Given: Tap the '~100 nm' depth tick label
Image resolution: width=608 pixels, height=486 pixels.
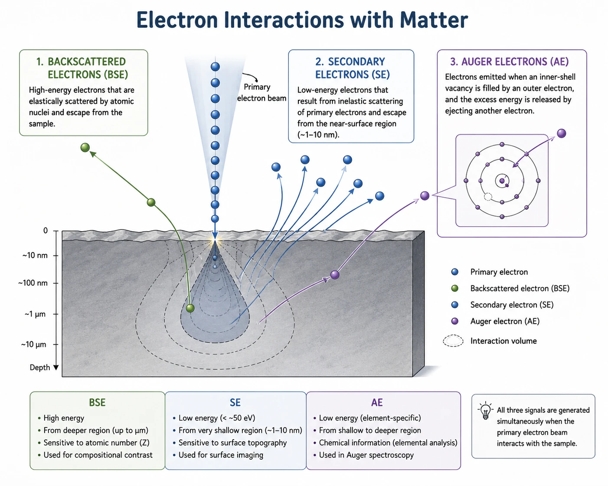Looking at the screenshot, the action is [33, 283].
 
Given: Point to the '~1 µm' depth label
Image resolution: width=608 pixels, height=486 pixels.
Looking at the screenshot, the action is [35, 314].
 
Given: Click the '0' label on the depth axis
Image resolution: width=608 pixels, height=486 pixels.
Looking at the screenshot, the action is [46, 230].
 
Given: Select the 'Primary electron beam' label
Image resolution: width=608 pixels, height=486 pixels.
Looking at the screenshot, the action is [262, 93].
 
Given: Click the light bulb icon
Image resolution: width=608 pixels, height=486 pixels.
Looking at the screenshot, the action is [485, 410].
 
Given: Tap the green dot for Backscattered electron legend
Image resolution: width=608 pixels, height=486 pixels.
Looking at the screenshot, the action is [454, 288].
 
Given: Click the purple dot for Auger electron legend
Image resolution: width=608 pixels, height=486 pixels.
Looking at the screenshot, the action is [454, 321].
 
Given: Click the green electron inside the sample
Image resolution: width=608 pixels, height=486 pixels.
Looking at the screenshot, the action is [190, 308].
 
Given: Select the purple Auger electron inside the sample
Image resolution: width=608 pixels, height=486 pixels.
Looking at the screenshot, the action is [335, 275].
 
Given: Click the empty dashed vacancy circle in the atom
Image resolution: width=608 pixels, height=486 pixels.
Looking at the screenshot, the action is [488, 197].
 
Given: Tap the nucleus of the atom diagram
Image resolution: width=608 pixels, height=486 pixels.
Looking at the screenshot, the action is [502, 181].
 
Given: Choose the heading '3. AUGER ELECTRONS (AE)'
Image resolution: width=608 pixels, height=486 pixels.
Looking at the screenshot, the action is [509, 62].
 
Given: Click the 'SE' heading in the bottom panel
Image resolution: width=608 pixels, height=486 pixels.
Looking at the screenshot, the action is [235, 402].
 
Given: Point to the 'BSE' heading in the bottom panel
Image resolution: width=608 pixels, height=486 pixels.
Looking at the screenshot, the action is [97, 402].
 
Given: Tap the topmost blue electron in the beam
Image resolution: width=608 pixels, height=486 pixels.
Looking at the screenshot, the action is [215, 67].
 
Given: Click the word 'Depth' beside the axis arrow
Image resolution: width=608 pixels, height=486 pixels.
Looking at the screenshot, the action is [40, 367].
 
